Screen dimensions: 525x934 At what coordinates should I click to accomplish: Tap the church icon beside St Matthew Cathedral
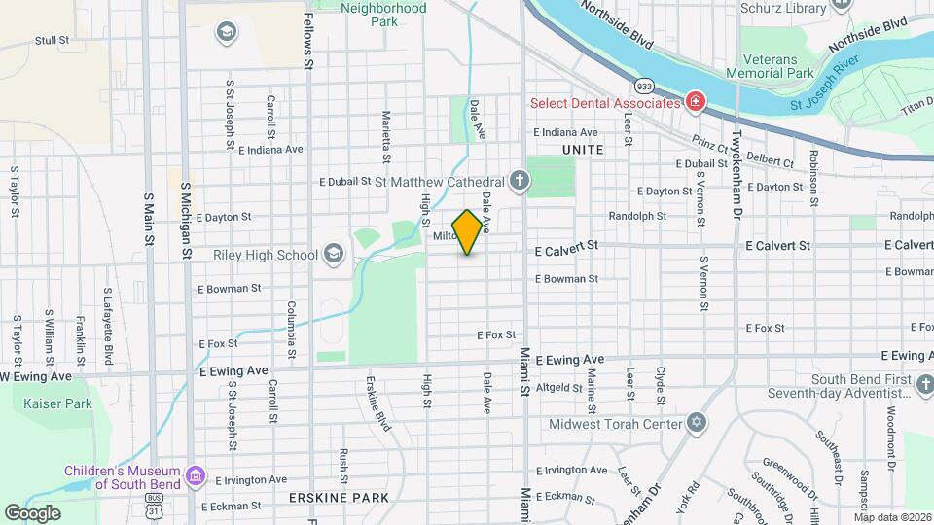click(521, 181)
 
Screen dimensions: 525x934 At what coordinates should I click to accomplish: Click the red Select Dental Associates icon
click(695, 102)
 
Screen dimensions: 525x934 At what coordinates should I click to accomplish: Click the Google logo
click(32, 513)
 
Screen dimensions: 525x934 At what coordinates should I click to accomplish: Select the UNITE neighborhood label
click(583, 150)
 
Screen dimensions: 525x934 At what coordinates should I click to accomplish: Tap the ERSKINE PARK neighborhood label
click(339, 498)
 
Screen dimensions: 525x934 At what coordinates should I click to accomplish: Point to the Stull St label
click(52, 41)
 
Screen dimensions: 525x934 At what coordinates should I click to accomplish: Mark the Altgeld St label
click(558, 387)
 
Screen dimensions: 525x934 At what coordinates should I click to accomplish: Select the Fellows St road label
click(306, 39)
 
